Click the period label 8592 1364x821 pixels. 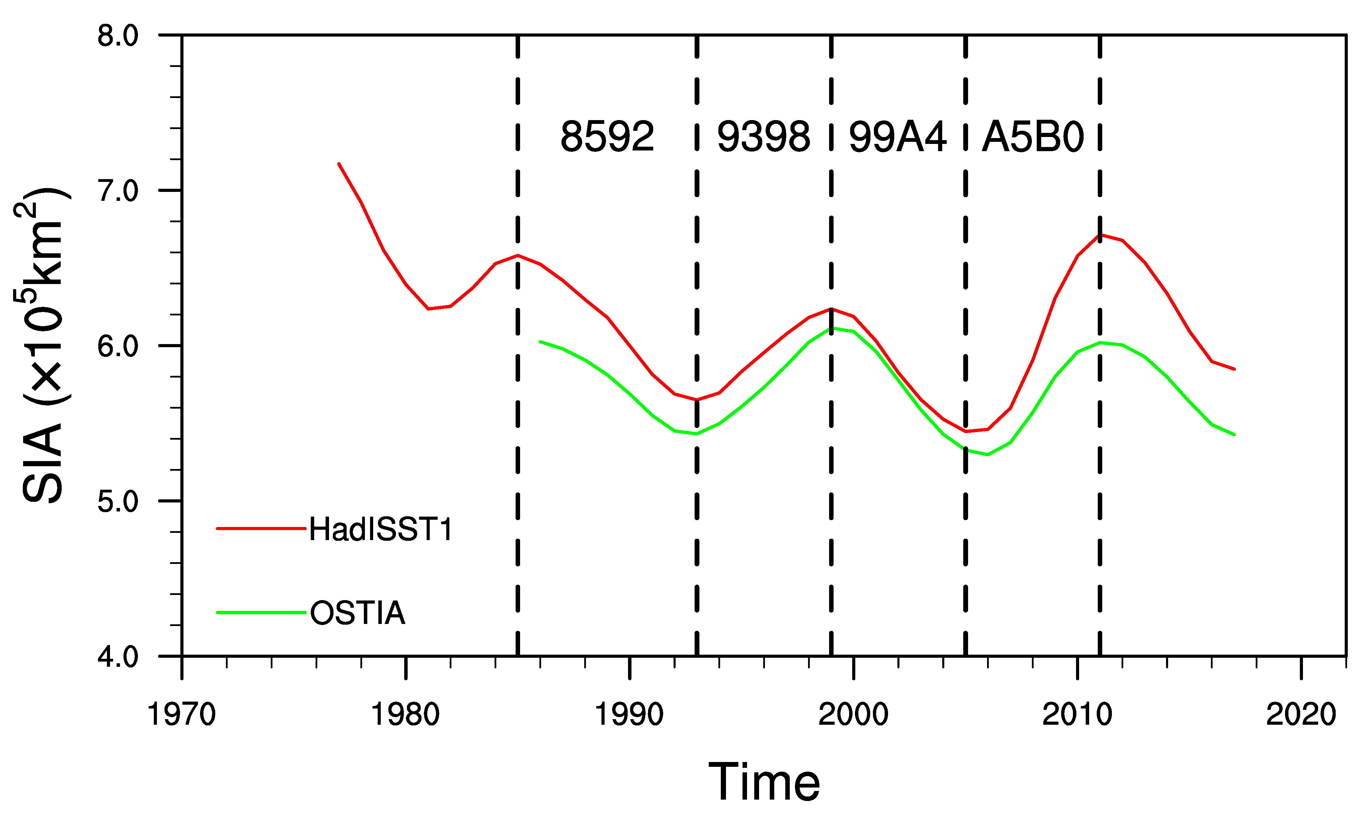coord(607,137)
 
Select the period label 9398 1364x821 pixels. coord(763,137)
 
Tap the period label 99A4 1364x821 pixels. coord(897,137)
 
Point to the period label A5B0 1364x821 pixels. coord(1032,137)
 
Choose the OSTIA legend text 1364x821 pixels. coord(358,613)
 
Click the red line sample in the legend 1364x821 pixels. coord(261,528)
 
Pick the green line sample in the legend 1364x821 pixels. coord(261,613)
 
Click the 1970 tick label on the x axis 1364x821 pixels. coord(181,714)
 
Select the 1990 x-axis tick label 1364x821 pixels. coord(629,714)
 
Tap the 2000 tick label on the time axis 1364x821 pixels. coord(853,714)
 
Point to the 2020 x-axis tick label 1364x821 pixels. coord(1301,714)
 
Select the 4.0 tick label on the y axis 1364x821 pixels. coord(118,657)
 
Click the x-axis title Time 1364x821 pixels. coord(764,782)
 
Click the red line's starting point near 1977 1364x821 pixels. coord(338,164)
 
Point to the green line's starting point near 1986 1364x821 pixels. coord(540,341)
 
